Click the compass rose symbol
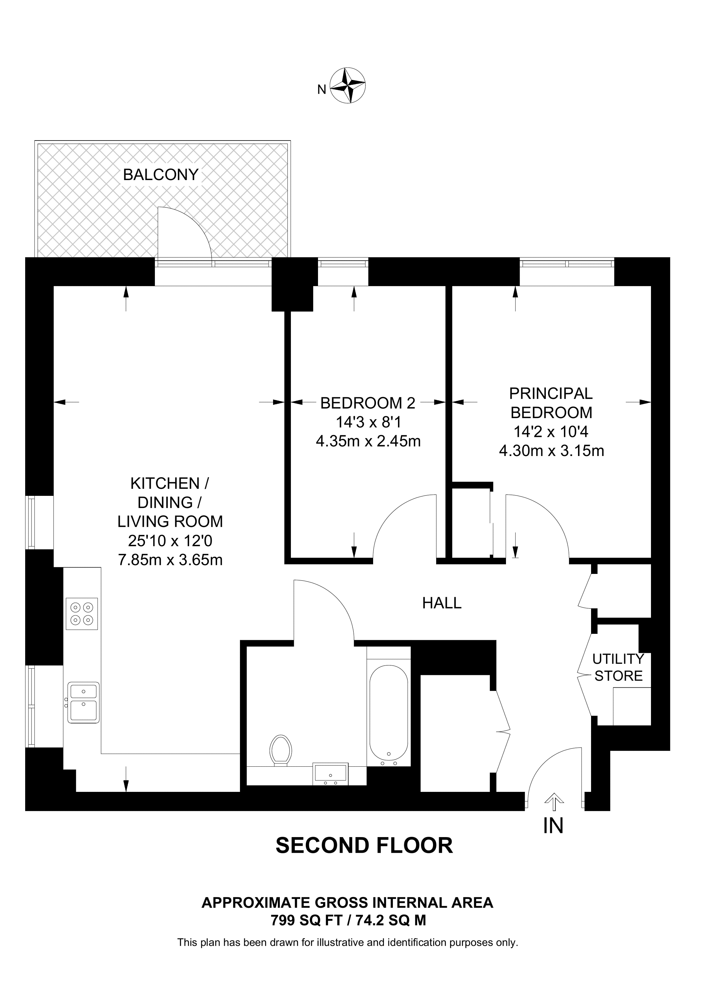click(x=348, y=85)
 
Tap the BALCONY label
click(x=161, y=175)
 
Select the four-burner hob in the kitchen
click(x=82, y=613)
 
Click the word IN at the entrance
click(x=553, y=826)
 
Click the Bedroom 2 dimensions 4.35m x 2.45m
click(x=368, y=441)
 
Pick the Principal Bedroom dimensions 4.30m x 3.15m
click(x=551, y=451)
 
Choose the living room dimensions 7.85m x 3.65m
click(x=170, y=560)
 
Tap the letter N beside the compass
click(x=322, y=90)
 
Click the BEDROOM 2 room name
click(x=368, y=403)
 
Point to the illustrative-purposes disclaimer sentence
click(x=347, y=942)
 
